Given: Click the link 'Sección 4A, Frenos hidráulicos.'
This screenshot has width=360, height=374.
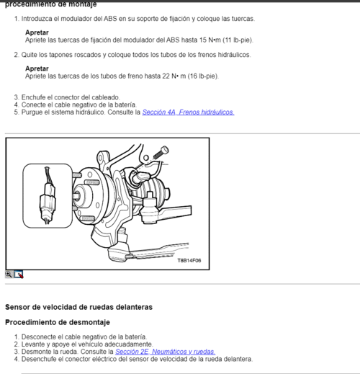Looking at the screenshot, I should (x=187, y=112).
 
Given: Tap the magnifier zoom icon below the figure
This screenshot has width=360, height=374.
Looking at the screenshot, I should (x=9, y=274).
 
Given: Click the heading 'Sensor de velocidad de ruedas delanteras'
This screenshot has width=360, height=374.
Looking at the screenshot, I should (x=78, y=306).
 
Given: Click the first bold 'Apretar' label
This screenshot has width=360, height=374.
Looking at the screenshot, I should (x=37, y=33).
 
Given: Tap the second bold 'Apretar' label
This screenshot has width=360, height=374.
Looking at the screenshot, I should (x=37, y=68).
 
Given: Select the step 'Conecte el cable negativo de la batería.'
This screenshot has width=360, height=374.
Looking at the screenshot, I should (x=78, y=104).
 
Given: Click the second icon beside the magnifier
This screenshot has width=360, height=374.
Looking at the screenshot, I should (x=19, y=274).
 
